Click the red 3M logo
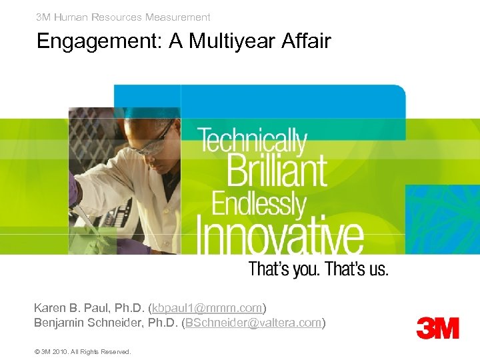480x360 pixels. click(437, 328)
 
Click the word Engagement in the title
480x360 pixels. click(100, 42)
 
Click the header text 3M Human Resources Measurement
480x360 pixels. click(123, 17)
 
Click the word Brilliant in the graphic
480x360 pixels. click(277, 169)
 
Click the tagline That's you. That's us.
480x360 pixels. click(318, 269)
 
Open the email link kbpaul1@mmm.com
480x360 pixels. click(207, 308)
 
